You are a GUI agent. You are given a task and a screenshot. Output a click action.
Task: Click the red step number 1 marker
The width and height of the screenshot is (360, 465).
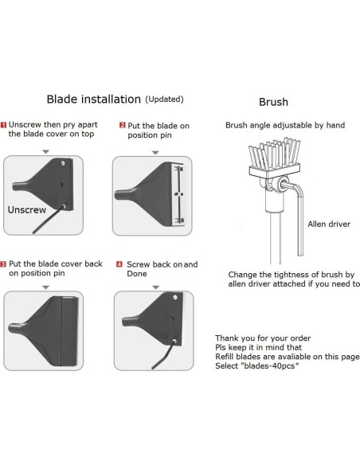[3, 125]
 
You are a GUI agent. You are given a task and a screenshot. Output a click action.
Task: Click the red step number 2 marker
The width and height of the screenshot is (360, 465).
[122, 125]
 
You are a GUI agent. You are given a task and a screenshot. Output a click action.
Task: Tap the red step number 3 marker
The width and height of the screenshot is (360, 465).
[3, 264]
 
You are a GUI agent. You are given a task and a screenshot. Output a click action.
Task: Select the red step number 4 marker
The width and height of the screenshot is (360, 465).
[119, 264]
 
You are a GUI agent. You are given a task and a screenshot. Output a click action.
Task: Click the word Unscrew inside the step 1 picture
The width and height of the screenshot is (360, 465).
[27, 209]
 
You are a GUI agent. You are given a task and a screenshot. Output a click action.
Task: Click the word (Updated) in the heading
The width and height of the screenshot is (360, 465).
[164, 99]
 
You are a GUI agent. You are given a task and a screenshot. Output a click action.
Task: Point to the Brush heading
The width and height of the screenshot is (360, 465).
[273, 102]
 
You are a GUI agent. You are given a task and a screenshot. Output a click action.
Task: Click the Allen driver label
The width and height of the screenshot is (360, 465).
[329, 224]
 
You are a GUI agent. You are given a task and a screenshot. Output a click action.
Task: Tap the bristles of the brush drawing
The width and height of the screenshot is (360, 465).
[274, 154]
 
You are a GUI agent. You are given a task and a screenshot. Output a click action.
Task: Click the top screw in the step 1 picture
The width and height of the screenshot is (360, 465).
[63, 162]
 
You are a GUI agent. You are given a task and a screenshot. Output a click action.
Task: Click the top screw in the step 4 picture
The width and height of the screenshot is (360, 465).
[175, 297]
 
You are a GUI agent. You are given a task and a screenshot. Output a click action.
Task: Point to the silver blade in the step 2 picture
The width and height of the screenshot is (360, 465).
[178, 194]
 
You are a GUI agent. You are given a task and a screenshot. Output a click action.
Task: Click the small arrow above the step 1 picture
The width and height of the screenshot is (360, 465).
[45, 152]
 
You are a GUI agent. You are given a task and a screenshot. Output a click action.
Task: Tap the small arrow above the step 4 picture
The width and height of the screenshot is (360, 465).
[155, 287]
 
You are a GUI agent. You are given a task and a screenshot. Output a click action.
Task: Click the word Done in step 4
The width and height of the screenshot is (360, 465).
[137, 273]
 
